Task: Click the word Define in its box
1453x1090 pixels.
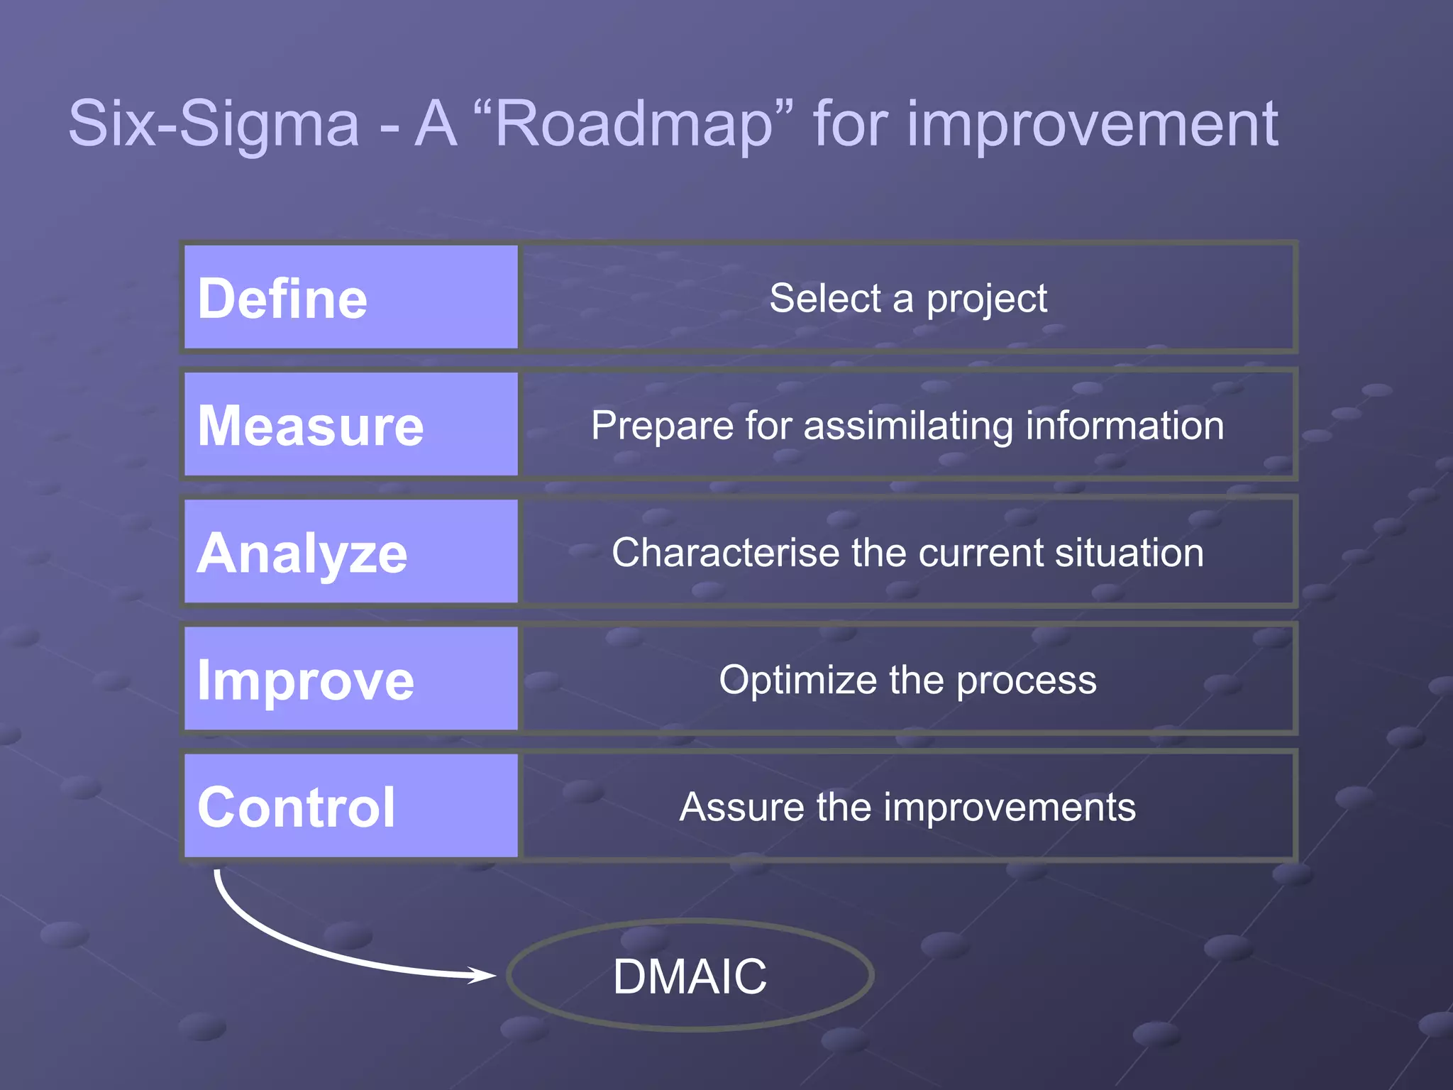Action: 282,299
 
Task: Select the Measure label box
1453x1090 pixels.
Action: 350,425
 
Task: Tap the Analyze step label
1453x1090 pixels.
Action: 302,554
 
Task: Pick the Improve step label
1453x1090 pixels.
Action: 305,681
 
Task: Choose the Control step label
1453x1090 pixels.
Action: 297,808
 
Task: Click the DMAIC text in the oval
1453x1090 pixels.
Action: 690,976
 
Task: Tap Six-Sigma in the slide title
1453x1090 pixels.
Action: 214,124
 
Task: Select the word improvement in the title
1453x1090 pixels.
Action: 1092,124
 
